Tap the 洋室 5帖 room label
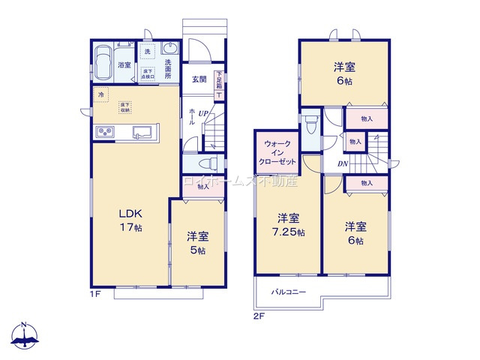coord(197,243)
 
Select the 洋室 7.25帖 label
coord(289,225)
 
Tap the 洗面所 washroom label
coord(168,69)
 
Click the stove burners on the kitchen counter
coord(104,133)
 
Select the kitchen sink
coord(142,133)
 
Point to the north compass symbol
coord(25,337)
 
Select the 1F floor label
coord(95,295)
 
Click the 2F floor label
coord(259,316)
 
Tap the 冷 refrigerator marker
coord(102,94)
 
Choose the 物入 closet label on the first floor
coord(203,187)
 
